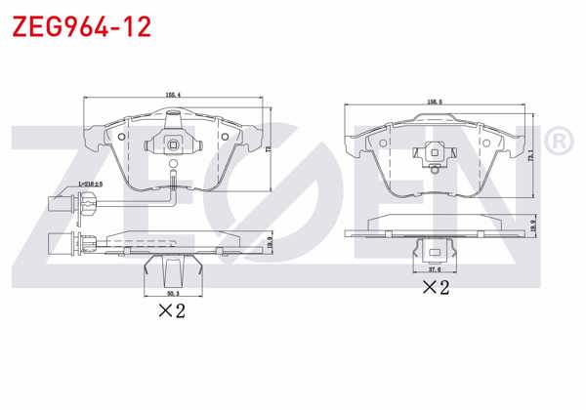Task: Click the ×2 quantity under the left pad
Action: pyautogui.click(x=172, y=311)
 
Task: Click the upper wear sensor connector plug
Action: pyautogui.click(x=61, y=203)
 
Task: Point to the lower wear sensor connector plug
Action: pyautogui.click(x=61, y=241)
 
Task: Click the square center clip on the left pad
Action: pyautogui.click(x=173, y=147)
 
